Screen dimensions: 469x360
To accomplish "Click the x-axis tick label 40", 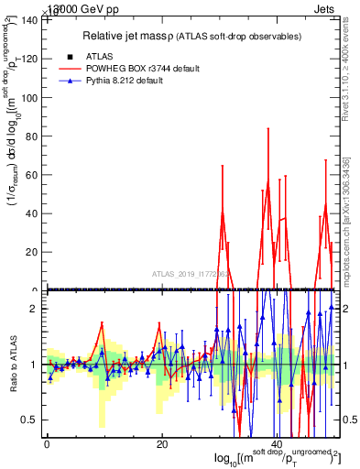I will click(278, 443).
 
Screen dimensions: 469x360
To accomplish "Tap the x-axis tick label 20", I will click(162, 443).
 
